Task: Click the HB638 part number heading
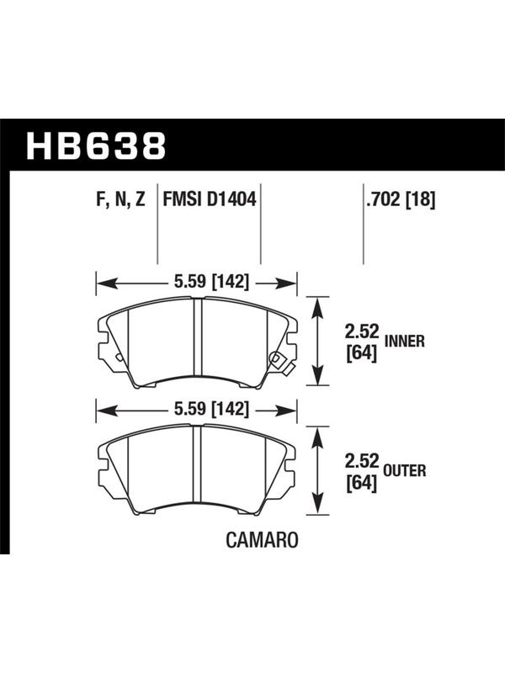(96, 146)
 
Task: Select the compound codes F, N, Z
(121, 199)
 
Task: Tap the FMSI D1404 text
(209, 199)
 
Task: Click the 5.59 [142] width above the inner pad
(211, 282)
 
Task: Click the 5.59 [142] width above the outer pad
(211, 409)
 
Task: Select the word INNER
(405, 342)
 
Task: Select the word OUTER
(405, 471)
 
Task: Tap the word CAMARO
(262, 540)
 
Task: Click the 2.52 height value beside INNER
(362, 331)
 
